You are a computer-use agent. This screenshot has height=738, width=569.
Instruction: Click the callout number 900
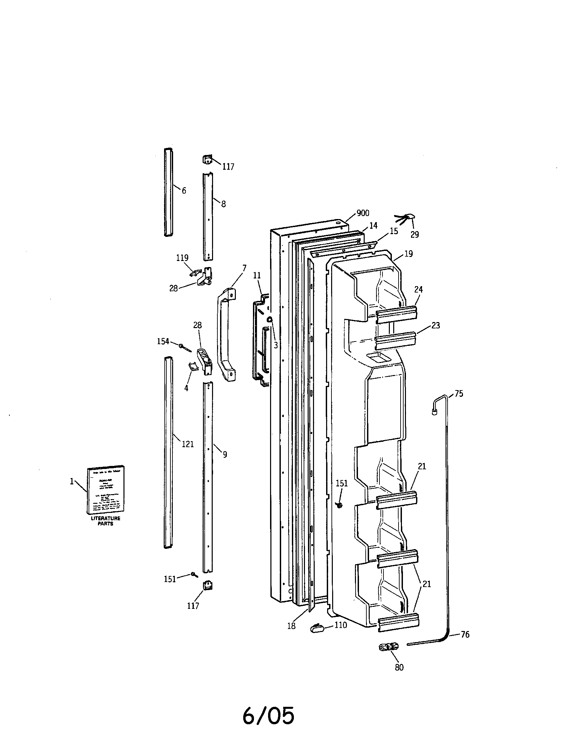(363, 213)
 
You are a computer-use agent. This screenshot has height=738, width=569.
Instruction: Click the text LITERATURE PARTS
(105, 521)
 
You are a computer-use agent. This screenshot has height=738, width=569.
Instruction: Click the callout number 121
(188, 444)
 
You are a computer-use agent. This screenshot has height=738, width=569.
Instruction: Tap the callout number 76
(465, 635)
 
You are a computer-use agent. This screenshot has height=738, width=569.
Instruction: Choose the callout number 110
(341, 625)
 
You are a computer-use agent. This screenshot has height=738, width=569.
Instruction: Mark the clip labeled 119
(196, 272)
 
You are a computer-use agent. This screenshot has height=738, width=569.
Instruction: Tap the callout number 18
(291, 626)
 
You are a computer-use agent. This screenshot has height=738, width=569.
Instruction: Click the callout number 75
(459, 394)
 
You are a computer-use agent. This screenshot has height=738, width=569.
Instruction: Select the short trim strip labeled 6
(168, 192)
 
